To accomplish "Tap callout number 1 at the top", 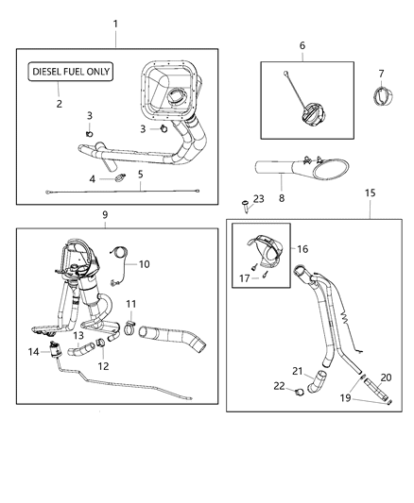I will [116, 22].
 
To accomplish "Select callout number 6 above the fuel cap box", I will [302, 44].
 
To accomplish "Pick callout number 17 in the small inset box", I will [242, 277].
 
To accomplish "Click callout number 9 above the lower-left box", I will [105, 214].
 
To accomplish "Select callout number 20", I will [385, 377].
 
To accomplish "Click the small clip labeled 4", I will [119, 176].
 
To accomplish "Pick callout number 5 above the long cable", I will [141, 174].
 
